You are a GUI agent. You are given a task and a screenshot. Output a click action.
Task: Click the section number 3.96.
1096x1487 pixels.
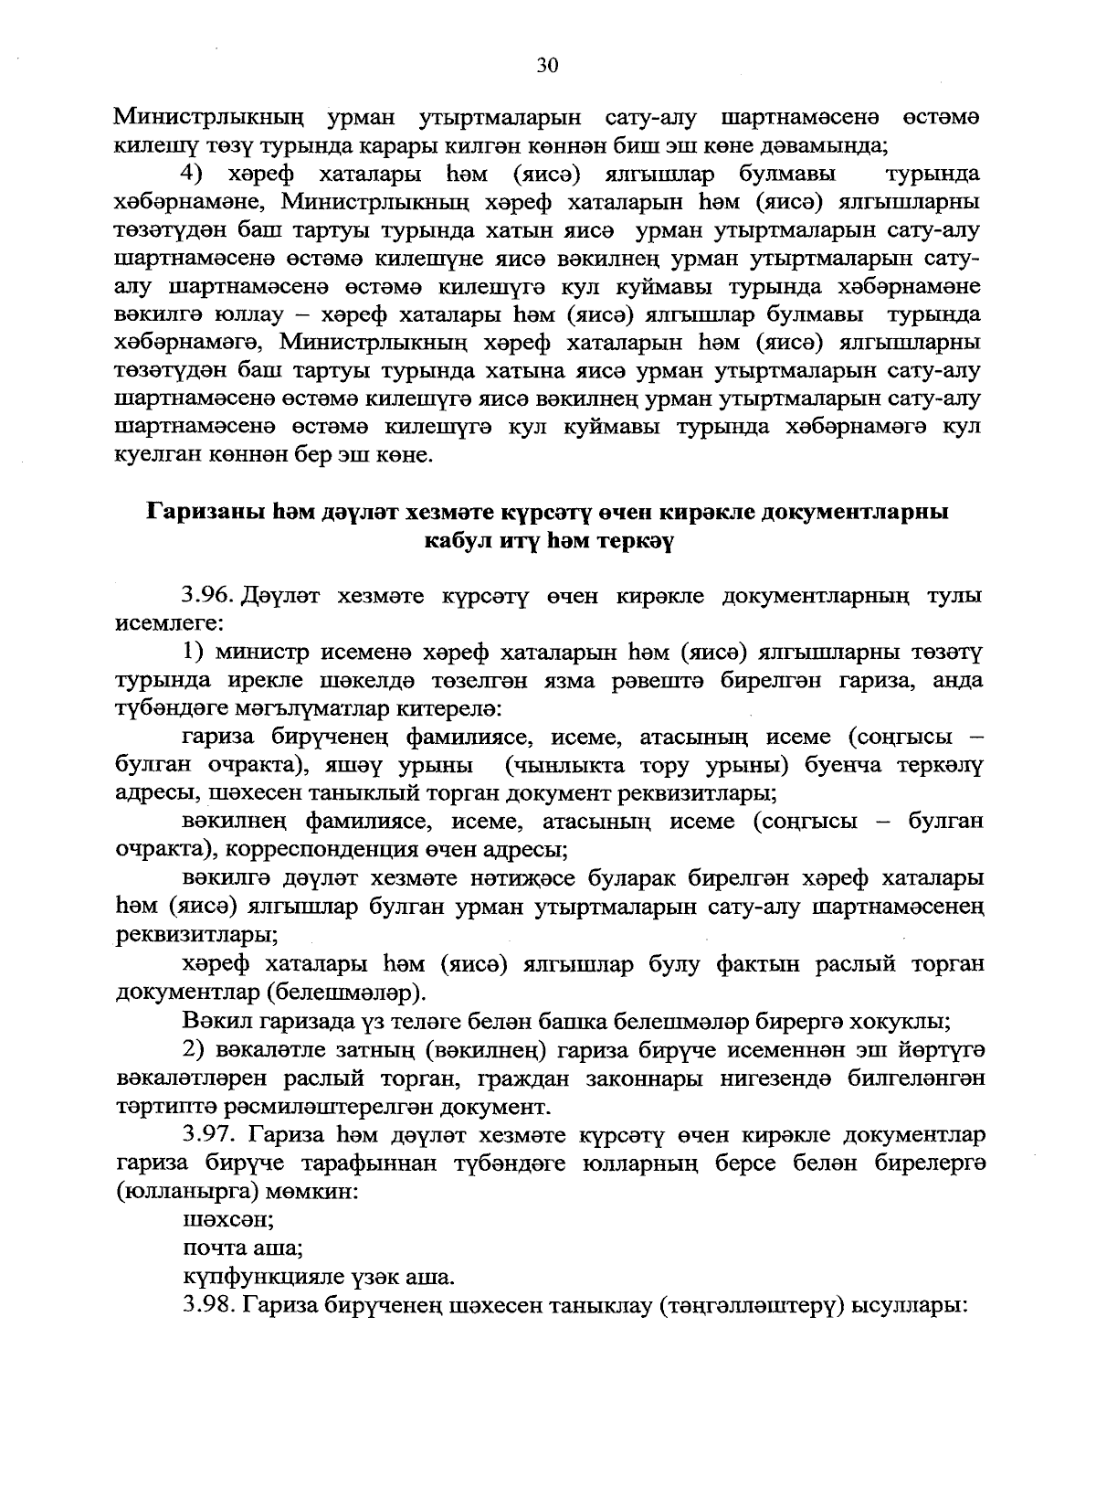pos(209,597)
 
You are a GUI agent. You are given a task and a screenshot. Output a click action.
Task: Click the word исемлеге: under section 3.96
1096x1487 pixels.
pos(167,624)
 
